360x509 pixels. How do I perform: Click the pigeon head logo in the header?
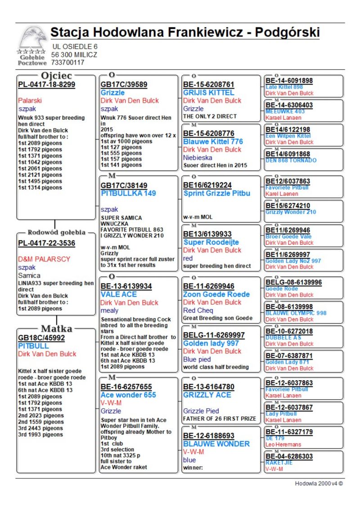[x=32, y=38]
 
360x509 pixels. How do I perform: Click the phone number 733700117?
[x=67, y=63]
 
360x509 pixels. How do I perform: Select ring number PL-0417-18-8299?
[x=46, y=84]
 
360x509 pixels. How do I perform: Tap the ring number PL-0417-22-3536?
[x=46, y=243]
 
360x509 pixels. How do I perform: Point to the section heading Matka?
[x=57, y=329]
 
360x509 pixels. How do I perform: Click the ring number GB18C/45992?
[x=41, y=338]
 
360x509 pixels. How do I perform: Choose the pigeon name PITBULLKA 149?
[x=128, y=193]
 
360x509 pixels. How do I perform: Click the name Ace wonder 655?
[x=128, y=395]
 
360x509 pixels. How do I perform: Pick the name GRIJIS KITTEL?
[x=208, y=92]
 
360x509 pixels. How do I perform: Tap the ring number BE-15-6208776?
[x=208, y=133]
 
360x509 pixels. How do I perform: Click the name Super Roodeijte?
[x=211, y=242]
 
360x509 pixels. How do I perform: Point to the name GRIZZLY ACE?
[x=207, y=395]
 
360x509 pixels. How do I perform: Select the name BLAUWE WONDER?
[x=216, y=444]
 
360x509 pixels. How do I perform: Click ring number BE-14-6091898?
[x=289, y=81]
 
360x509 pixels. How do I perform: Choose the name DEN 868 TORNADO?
[x=291, y=160]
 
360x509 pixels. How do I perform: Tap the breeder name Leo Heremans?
[x=283, y=445]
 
